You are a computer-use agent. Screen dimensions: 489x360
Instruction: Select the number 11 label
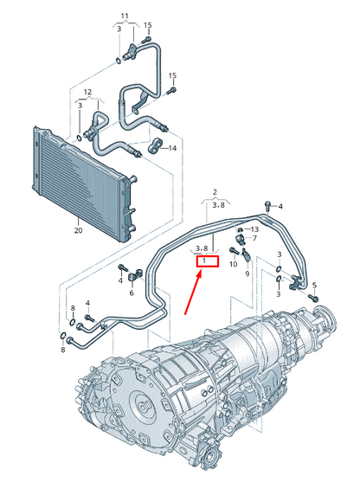[123, 16]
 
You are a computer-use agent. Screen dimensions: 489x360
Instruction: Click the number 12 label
[87, 91]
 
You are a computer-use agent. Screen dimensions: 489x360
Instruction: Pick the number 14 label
[172, 148]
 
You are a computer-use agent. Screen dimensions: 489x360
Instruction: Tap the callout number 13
[254, 228]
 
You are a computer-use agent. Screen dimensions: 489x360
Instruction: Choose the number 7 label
[254, 238]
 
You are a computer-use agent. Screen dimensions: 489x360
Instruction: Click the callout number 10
[233, 263]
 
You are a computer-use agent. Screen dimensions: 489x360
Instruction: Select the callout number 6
[132, 293]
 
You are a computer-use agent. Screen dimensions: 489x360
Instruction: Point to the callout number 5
[314, 284]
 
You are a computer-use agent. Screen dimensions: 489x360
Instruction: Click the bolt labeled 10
[234, 251]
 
